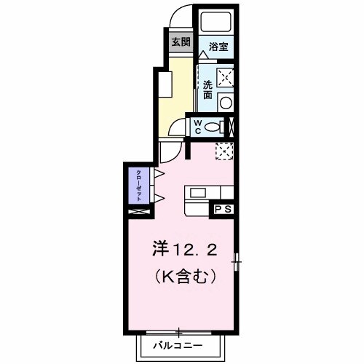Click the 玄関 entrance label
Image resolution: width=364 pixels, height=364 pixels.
178,42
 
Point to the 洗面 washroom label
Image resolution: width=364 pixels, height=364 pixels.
207,88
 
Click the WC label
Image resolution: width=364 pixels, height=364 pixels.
197,127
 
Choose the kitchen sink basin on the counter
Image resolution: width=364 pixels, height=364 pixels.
198,194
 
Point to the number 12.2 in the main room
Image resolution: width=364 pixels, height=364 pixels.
191,251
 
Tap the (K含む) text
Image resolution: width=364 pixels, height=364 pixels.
185,277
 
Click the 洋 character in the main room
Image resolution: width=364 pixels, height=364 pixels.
161,251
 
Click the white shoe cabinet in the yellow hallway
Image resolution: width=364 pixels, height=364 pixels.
163,84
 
